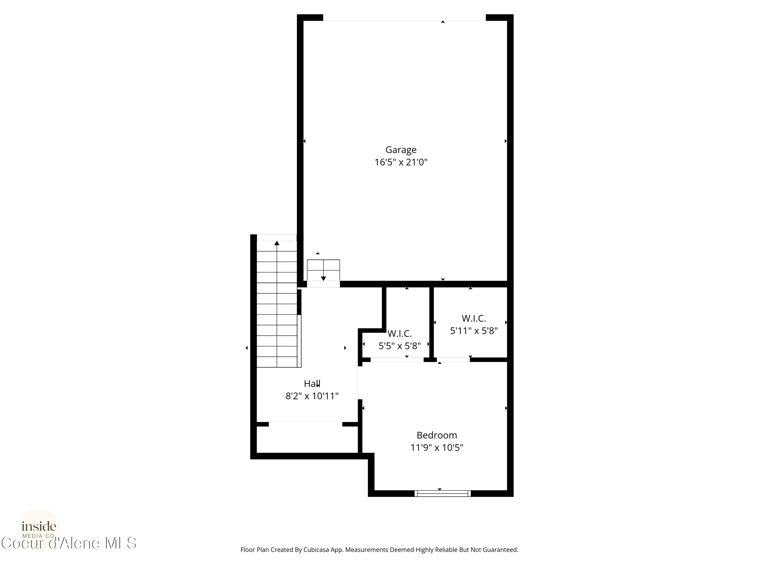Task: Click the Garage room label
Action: [401, 150]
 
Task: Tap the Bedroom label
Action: [436, 435]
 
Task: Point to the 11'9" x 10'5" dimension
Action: [436, 448]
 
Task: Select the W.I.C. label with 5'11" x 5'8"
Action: [474, 319]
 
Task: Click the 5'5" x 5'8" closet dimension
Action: [399, 346]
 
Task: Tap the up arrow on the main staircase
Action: [277, 244]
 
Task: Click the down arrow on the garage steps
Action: [323, 278]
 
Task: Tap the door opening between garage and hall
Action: [323, 284]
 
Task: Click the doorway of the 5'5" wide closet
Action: [397, 360]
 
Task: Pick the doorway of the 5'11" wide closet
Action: [453, 360]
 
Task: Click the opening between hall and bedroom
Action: [360, 383]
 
